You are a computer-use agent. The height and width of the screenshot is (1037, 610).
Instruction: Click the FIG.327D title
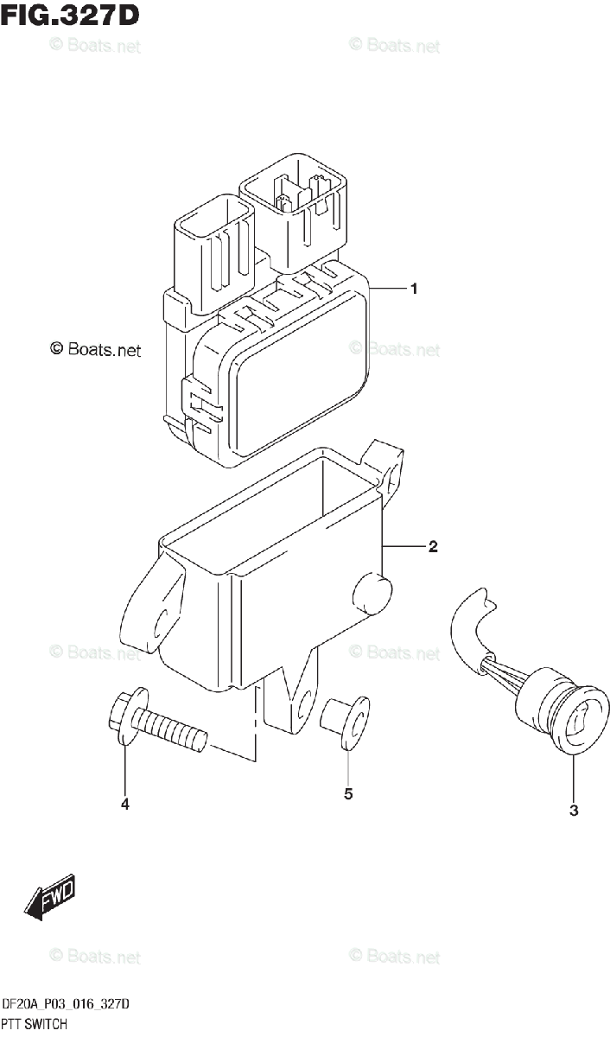tap(70, 16)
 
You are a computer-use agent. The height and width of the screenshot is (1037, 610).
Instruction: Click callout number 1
tap(415, 289)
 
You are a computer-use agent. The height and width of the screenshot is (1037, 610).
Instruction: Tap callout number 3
tap(574, 811)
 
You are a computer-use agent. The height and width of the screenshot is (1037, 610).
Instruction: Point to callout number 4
tap(125, 805)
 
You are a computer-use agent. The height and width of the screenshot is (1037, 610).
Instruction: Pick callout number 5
tap(348, 794)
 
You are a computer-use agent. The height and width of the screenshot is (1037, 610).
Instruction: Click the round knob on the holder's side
tap(372, 594)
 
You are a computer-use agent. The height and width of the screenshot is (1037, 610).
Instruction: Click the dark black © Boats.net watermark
tap(94, 350)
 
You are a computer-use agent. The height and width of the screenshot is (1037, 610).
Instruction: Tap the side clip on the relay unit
tap(196, 404)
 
